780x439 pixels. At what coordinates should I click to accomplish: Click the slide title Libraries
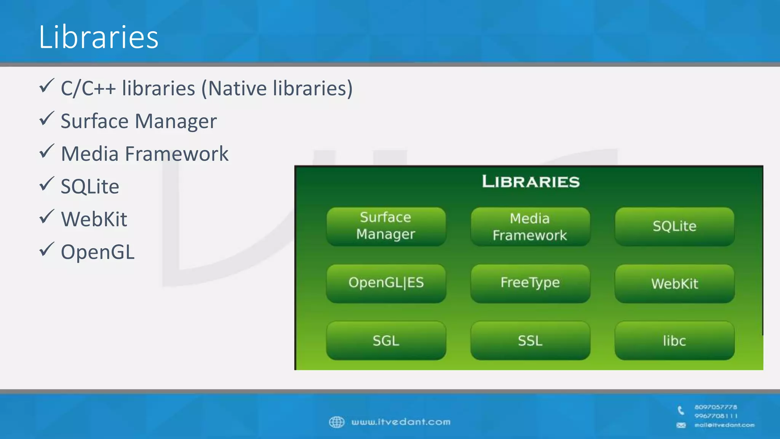click(x=98, y=37)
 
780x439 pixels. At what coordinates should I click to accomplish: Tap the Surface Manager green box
click(x=386, y=226)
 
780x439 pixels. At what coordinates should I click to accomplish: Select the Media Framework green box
click(x=530, y=227)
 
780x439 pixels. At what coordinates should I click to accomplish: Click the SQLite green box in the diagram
click(x=674, y=226)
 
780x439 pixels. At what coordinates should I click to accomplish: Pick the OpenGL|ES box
click(x=386, y=283)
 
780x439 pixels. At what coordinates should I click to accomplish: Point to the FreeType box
click(x=530, y=283)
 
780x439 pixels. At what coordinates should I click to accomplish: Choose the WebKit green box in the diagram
click(x=674, y=284)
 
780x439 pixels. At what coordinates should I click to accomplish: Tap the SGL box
click(x=386, y=340)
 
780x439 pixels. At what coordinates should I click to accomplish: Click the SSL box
click(x=530, y=340)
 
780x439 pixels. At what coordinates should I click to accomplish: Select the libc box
click(x=674, y=340)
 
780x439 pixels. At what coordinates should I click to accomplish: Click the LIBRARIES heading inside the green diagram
click(x=531, y=182)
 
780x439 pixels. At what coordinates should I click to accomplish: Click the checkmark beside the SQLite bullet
click(x=46, y=184)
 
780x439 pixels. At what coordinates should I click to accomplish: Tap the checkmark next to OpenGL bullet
click(x=46, y=250)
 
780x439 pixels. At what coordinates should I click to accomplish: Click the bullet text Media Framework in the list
click(x=145, y=154)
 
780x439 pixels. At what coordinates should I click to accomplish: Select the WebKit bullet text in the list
click(x=94, y=219)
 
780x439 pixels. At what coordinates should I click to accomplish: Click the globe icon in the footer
click(x=336, y=422)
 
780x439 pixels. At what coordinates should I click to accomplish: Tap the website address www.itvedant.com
click(x=401, y=422)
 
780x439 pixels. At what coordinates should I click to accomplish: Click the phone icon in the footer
click(x=681, y=410)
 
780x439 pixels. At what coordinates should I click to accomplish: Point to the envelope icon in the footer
click(x=681, y=425)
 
